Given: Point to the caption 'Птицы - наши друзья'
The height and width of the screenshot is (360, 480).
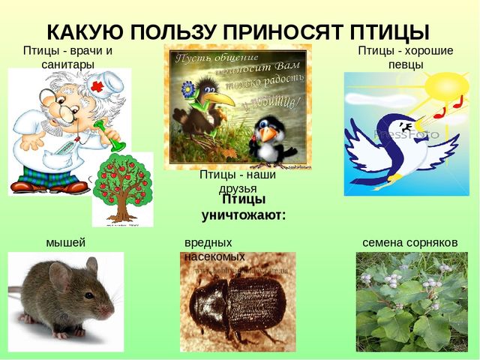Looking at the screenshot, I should click(x=238, y=181).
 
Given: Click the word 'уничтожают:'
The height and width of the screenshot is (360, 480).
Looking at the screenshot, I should click(x=244, y=214).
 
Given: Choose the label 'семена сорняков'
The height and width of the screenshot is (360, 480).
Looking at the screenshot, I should click(x=409, y=242).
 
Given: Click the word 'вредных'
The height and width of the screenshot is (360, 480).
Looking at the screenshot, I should click(x=208, y=243).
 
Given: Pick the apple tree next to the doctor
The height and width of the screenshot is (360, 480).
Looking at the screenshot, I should click(x=122, y=188).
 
